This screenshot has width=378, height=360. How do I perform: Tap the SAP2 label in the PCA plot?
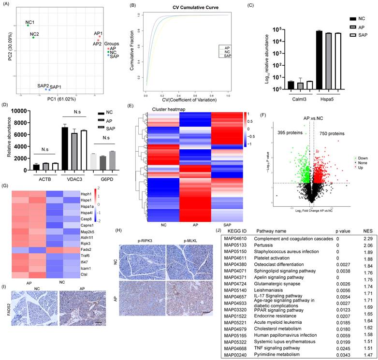(x=43, y=86)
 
